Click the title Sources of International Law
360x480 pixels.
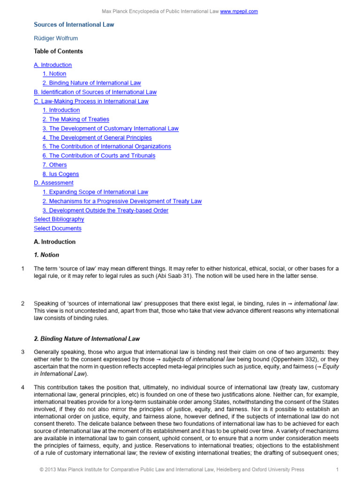[x=74, y=24]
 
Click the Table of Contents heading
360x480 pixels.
[x=58, y=52]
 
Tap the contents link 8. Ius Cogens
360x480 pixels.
[x=60, y=174]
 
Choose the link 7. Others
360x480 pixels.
[x=54, y=165]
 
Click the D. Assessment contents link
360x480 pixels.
[x=53, y=183]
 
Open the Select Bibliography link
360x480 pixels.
[x=59, y=219]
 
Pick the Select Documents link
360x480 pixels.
[x=58, y=228]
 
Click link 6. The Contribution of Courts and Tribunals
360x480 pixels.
[x=98, y=156]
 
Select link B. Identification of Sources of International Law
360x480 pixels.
[x=95, y=92]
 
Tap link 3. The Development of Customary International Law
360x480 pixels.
[x=110, y=128]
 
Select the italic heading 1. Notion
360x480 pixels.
[x=46, y=255]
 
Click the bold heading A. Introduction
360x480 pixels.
[x=54, y=242]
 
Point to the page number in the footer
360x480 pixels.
[x=337, y=469]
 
